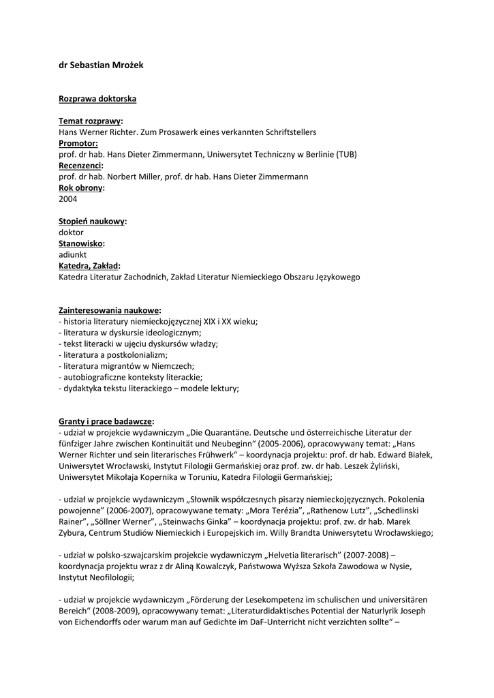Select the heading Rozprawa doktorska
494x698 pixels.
tap(97, 99)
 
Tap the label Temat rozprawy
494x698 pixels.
tap(90, 121)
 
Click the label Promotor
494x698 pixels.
tap(78, 143)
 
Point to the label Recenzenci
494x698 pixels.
tap(81, 166)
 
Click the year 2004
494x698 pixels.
tap(68, 199)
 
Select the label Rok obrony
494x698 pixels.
tap(82, 188)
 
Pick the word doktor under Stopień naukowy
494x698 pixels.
tap(72, 232)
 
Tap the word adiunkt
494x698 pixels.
tap(72, 255)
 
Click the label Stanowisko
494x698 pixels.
tap(82, 243)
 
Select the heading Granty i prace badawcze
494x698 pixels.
tap(106, 421)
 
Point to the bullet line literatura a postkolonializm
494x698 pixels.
tap(113, 354)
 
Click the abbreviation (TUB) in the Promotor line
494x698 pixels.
tap(346, 154)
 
